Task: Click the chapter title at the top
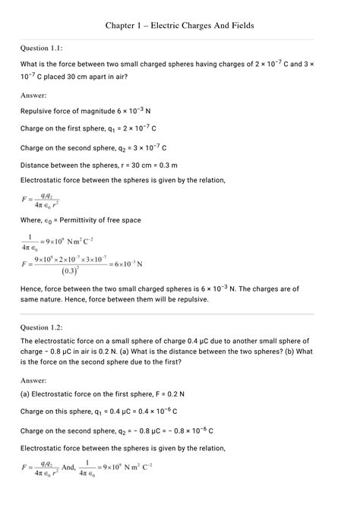[179, 26]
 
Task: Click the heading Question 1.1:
[46, 48]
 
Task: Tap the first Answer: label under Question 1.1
[33, 96]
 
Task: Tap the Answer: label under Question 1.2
[33, 380]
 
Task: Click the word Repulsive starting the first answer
[38, 111]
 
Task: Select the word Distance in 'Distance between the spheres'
[36, 165]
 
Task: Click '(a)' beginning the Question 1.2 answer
[25, 395]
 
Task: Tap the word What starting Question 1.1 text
[30, 65]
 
